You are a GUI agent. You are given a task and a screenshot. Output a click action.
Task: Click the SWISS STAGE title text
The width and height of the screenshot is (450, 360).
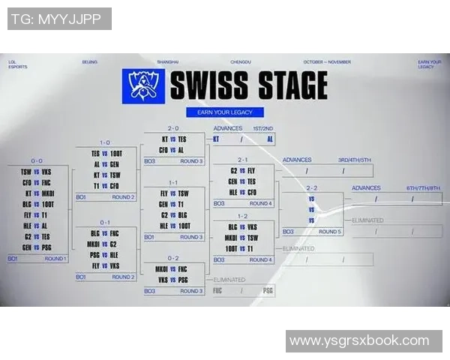click(x=248, y=85)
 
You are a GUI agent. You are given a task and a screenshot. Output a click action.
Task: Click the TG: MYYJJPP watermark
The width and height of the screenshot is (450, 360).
click(x=59, y=19)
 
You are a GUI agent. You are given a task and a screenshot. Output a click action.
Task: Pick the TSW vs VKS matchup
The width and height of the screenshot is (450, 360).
click(x=36, y=171)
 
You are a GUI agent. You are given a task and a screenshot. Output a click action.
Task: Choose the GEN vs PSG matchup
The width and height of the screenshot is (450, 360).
click(x=36, y=247)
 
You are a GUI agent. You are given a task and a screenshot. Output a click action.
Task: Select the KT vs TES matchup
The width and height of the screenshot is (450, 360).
click(x=173, y=139)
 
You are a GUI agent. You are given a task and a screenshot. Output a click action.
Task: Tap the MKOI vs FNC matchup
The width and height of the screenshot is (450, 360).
click(x=172, y=268)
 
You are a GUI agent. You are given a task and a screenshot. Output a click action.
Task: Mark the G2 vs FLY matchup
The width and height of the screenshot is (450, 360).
click(x=243, y=170)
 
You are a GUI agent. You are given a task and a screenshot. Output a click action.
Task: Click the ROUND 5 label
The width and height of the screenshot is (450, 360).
click(x=329, y=232)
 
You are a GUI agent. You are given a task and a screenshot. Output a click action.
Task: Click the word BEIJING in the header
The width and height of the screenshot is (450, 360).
click(x=89, y=62)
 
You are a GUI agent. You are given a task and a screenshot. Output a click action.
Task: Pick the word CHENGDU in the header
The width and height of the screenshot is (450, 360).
click(x=240, y=62)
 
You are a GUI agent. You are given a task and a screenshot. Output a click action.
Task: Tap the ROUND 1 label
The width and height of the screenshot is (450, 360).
click(x=55, y=259)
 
